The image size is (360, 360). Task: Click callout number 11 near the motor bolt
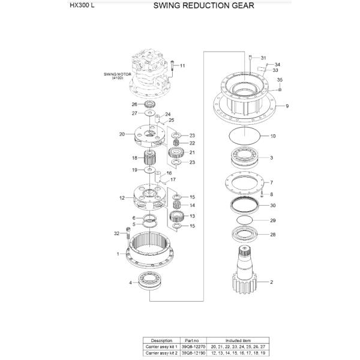182,65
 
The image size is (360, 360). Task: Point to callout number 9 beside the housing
287,106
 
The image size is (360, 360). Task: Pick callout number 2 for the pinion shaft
271,281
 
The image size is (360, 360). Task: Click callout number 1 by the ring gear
118,254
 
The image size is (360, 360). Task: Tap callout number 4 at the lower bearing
130,282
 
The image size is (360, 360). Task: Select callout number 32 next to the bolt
116,233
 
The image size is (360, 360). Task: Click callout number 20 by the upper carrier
122,134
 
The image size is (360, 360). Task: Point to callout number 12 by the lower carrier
122,197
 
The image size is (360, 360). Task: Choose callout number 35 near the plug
280,80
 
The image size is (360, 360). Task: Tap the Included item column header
235,340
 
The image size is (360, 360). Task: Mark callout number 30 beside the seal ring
272,206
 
